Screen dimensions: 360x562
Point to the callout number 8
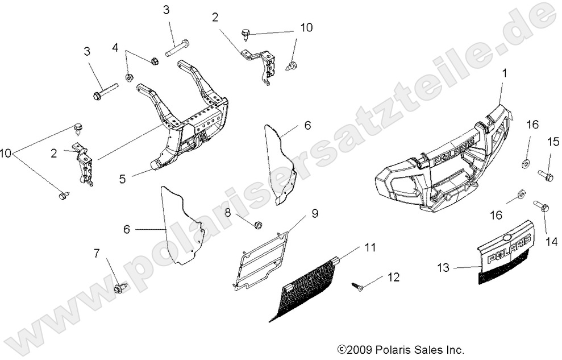coord(227,213)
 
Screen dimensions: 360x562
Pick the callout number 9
coord(314,214)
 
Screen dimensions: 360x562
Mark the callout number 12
coord(393,277)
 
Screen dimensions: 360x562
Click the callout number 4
coord(115,48)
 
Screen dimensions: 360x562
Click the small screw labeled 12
coord(358,288)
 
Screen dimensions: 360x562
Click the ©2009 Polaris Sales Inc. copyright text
coord(401,349)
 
